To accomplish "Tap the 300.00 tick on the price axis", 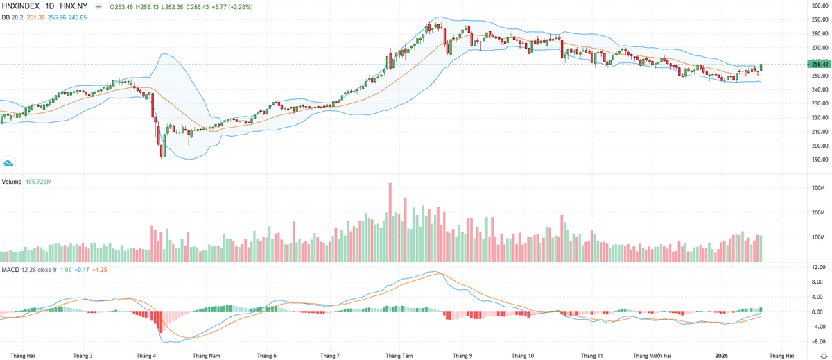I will [820, 6].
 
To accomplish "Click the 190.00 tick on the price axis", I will [820, 160].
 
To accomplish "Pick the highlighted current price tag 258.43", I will [820, 64].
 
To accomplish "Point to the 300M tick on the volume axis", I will [817, 188].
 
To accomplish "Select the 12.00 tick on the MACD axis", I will [818, 267].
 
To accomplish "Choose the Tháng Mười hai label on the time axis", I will [652, 354].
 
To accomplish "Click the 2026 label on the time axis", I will [722, 354].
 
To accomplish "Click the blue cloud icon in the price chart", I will [9, 163].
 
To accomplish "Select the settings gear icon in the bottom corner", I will [823, 354].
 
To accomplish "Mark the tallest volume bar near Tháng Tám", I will [390, 222].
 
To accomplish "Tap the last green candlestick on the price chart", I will [761, 67].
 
